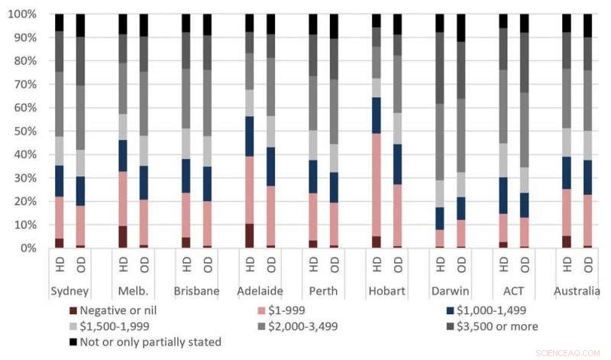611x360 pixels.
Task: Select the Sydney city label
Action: (x=70, y=291)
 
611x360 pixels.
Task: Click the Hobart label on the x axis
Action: (x=386, y=291)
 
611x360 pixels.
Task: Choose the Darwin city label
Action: (x=449, y=291)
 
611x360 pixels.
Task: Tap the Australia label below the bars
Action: (x=576, y=291)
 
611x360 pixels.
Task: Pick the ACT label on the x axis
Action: (x=512, y=291)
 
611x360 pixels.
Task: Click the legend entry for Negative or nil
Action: (x=118, y=310)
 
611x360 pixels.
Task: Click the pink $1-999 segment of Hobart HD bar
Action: (x=376, y=184)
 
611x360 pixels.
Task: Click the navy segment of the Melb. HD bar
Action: (x=123, y=155)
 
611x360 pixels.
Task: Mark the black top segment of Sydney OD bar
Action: (x=80, y=25)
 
